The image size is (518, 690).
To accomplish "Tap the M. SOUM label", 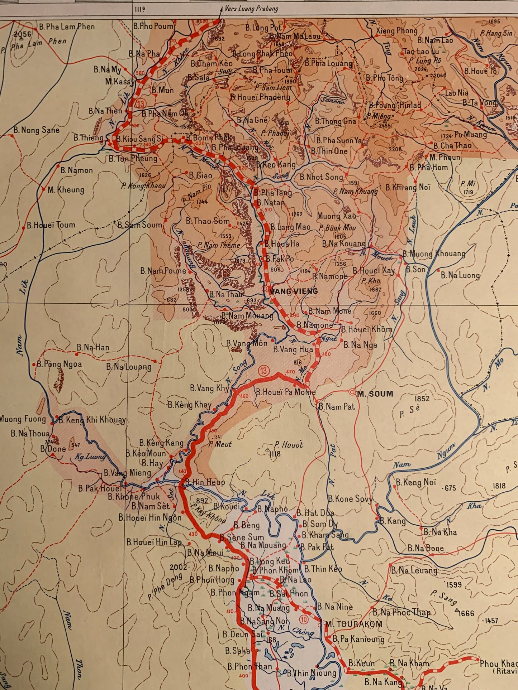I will pyautogui.click(x=375, y=394).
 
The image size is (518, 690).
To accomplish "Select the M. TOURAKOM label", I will pyautogui.click(x=354, y=624).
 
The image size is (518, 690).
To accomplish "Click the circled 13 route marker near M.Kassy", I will pyautogui.click(x=141, y=104).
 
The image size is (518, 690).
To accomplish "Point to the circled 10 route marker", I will pyautogui.click(x=304, y=619).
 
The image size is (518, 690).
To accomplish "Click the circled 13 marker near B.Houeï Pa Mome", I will pyautogui.click(x=263, y=371).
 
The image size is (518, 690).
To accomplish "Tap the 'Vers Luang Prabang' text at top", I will pyautogui.click(x=251, y=8).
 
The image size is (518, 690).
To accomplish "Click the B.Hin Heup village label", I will pyautogui.click(x=205, y=482).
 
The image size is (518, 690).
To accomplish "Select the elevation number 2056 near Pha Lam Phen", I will pyautogui.click(x=23, y=34).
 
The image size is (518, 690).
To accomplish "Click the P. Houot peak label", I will pyautogui.click(x=289, y=445).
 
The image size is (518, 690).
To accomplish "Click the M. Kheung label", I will pyautogui.click(x=66, y=190).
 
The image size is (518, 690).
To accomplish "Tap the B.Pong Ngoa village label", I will pyautogui.click(x=59, y=364).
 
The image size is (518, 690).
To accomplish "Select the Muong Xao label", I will pyautogui.click(x=336, y=216).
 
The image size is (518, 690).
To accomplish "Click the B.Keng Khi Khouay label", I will pyautogui.click(x=92, y=420).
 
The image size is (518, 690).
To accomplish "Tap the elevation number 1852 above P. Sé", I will pyautogui.click(x=422, y=399).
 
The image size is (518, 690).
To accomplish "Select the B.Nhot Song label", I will pyautogui.click(x=321, y=177).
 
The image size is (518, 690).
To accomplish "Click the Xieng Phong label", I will pyautogui.click(x=396, y=31).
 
